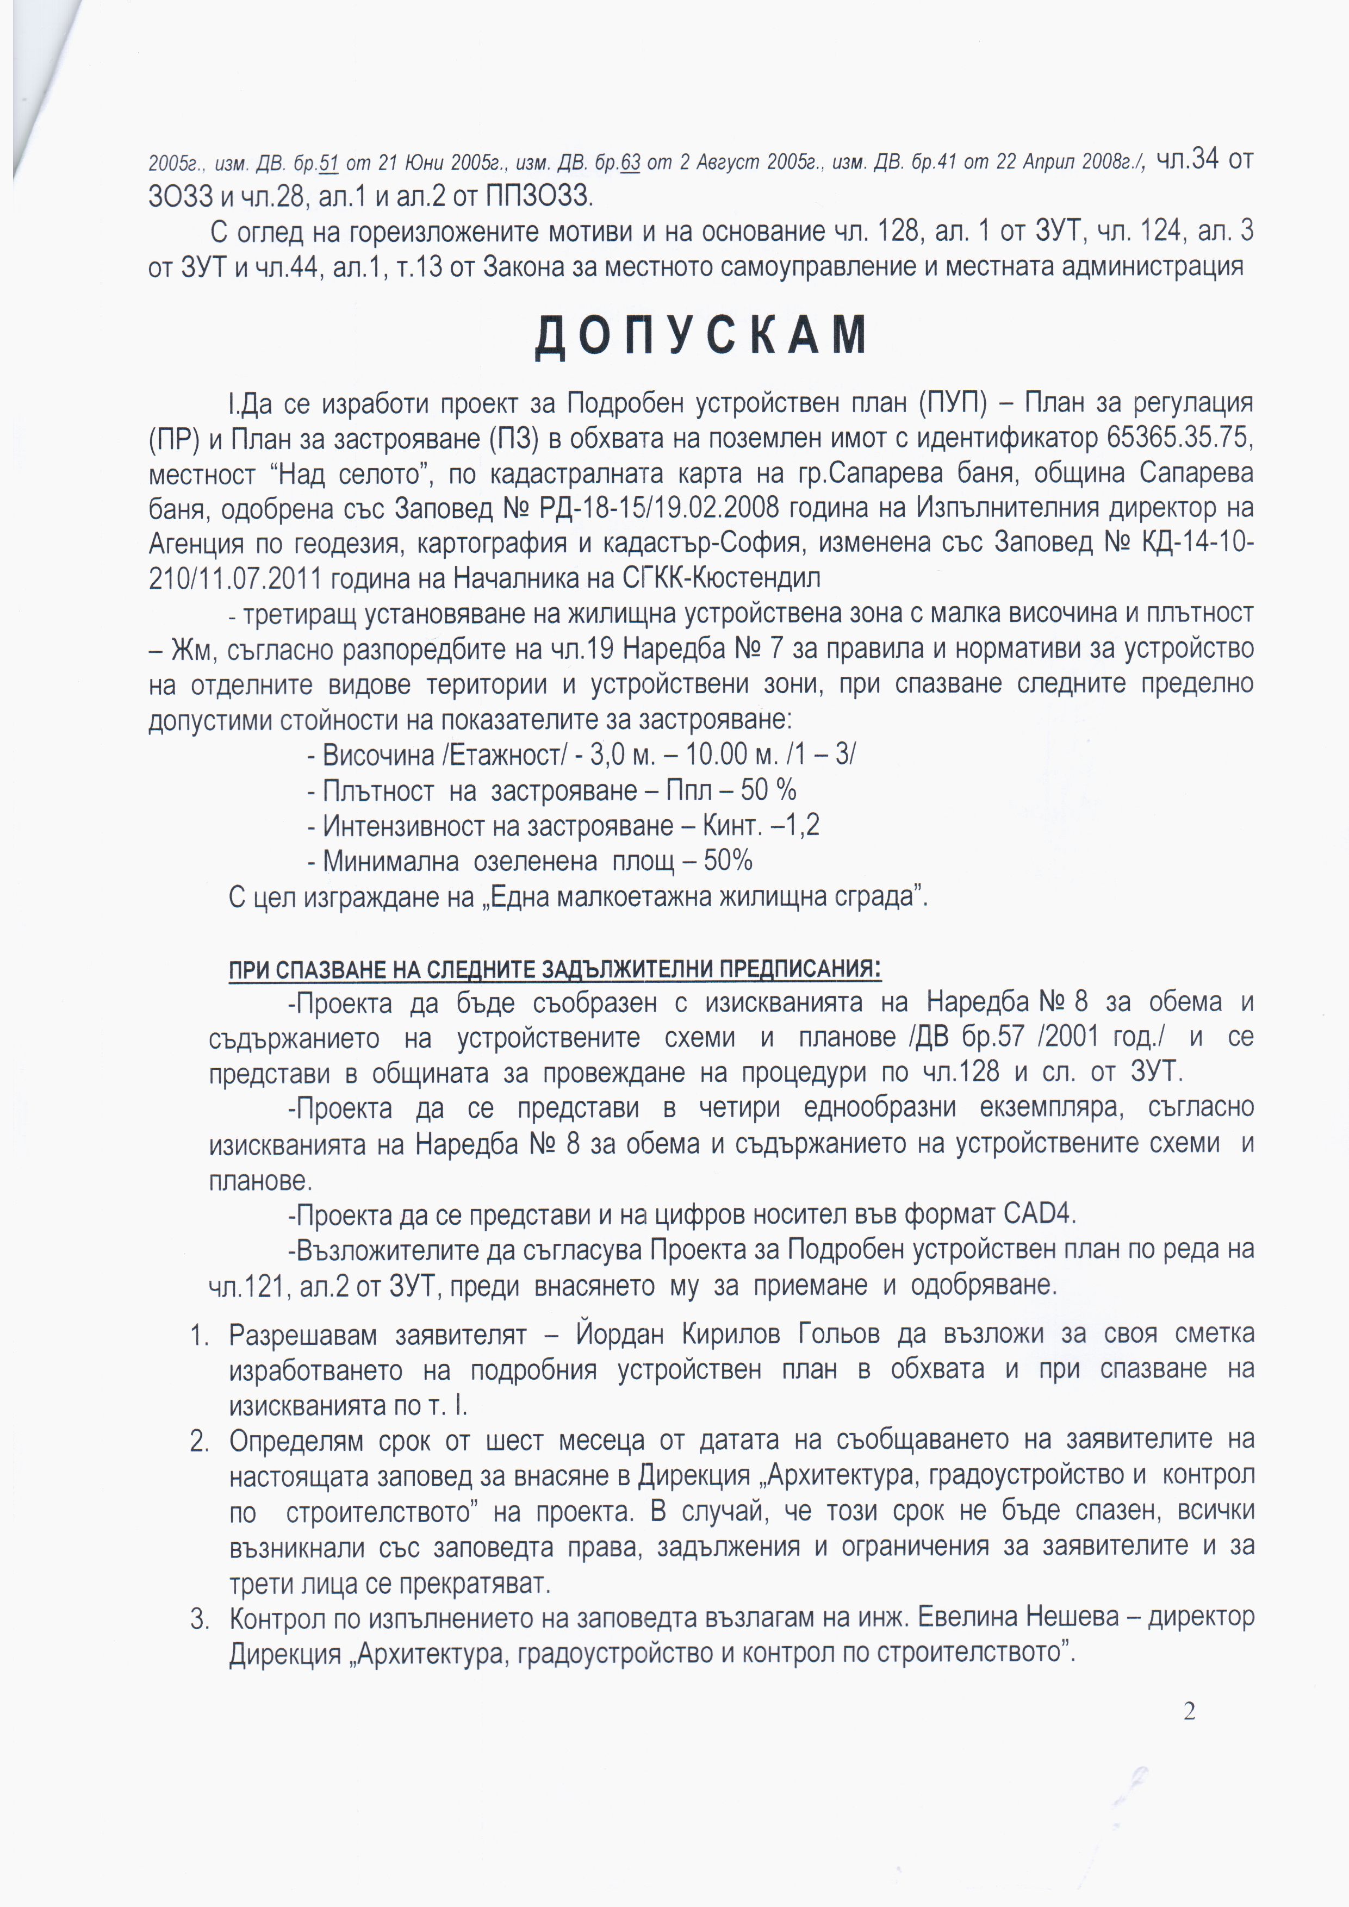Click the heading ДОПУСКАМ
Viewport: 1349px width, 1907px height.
(x=701, y=335)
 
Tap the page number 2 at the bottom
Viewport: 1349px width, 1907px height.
(x=1190, y=1711)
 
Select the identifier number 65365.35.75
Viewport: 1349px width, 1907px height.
(x=1179, y=438)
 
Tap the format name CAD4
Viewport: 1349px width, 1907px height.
(x=1039, y=1214)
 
